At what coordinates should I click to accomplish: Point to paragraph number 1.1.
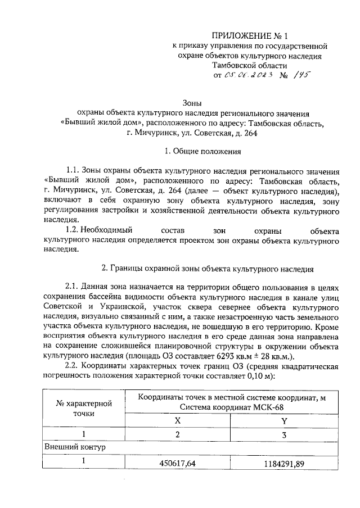(73, 170)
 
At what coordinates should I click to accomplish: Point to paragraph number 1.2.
(73, 230)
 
